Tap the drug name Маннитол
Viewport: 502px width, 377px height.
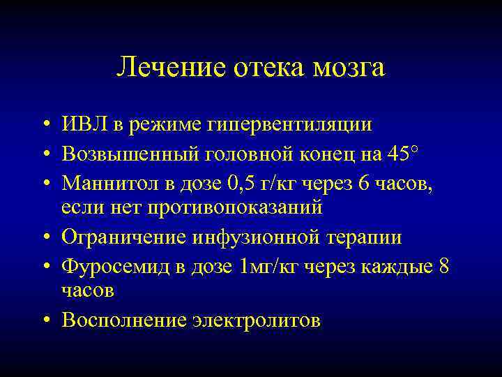(x=109, y=183)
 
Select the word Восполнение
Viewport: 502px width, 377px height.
(x=124, y=320)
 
